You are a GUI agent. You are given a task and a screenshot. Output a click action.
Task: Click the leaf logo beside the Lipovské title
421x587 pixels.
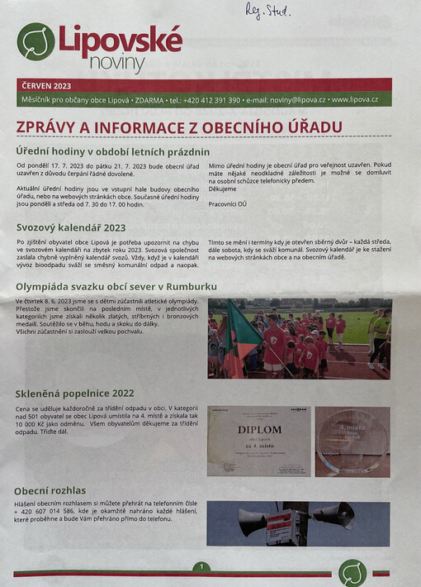(35, 42)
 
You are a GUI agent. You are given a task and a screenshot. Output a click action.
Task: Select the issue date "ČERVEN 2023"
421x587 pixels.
(46, 85)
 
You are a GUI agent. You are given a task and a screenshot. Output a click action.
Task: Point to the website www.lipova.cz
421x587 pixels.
(354, 100)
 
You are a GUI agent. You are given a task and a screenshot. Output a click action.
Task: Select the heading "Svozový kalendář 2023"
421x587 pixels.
(71, 227)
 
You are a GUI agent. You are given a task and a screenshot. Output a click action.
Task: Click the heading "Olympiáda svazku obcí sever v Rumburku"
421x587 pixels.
(115, 286)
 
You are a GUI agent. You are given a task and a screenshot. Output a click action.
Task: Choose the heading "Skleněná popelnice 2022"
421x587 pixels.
(75, 394)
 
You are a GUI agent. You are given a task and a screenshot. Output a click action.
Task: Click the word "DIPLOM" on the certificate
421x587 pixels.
(259, 430)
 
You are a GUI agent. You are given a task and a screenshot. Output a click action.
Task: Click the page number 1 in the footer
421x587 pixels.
(200, 567)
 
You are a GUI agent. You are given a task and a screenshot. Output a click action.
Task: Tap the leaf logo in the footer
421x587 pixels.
(353, 571)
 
